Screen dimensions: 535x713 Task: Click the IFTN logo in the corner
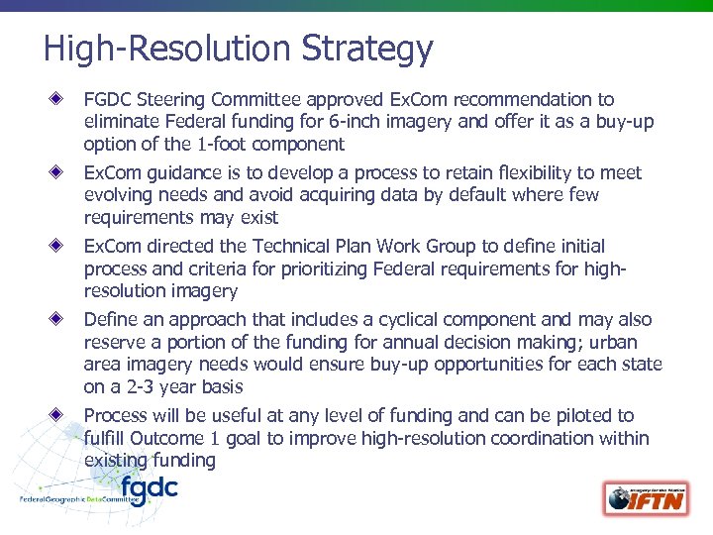648,497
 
